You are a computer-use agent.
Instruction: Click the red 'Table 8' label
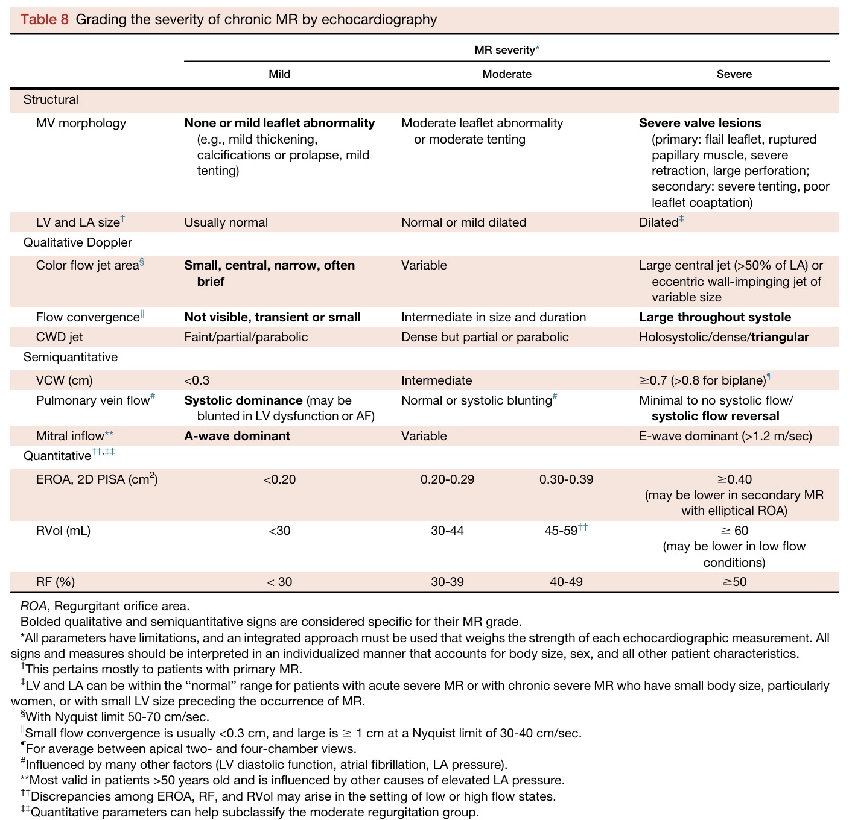pyautogui.click(x=44, y=19)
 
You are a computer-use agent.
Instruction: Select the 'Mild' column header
pyautogui.click(x=279, y=74)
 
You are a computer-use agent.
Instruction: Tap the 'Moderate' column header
pyautogui.click(x=507, y=74)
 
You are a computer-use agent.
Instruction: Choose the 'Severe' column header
pyautogui.click(x=734, y=74)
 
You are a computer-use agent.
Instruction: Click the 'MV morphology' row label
pyautogui.click(x=81, y=123)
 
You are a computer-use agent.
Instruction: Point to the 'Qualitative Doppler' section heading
pyautogui.click(x=77, y=242)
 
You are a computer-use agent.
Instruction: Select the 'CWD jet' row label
pyautogui.click(x=60, y=337)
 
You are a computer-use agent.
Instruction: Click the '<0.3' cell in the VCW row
pyautogui.click(x=197, y=380)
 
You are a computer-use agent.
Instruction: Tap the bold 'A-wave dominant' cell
pyautogui.click(x=237, y=436)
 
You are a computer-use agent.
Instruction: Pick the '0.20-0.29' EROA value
pyautogui.click(x=447, y=479)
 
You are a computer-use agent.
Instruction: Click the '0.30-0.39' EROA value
pyautogui.click(x=566, y=479)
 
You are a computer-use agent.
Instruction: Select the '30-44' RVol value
pyautogui.click(x=447, y=531)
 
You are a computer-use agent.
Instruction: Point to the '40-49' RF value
pyautogui.click(x=566, y=582)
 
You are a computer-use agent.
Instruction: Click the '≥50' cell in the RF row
pyautogui.click(x=734, y=582)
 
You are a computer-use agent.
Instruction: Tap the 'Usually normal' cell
pyautogui.click(x=226, y=222)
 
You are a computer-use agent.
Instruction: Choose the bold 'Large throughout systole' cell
pyautogui.click(x=715, y=317)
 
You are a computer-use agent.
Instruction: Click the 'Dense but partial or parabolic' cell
pyautogui.click(x=485, y=337)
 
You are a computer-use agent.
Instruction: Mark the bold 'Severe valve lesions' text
pyautogui.click(x=700, y=123)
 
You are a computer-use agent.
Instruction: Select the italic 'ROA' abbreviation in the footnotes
pyautogui.click(x=33, y=606)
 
